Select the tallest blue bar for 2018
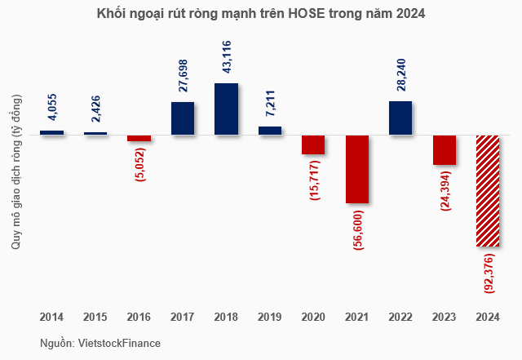click(x=226, y=109)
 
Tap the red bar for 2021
click(x=357, y=169)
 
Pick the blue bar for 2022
click(x=400, y=118)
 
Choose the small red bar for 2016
click(x=139, y=138)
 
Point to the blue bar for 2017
click(x=183, y=118)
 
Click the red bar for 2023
click(x=445, y=150)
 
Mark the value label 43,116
click(x=227, y=59)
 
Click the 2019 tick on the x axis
click(x=270, y=315)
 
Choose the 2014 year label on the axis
click(x=51, y=315)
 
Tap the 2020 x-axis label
click(x=313, y=315)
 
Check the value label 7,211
click(x=270, y=107)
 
